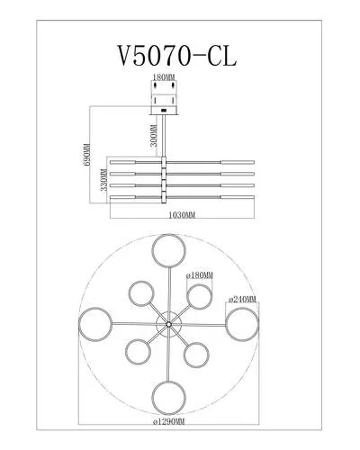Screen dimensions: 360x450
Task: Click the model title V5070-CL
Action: pyautogui.click(x=177, y=56)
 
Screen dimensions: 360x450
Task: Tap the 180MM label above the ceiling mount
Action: pyautogui.click(x=164, y=77)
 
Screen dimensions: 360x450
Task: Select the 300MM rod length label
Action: pyautogui.click(x=154, y=135)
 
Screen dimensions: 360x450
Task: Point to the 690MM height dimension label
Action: pyautogui.click(x=87, y=155)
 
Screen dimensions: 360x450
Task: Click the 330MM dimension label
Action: pyautogui.click(x=104, y=180)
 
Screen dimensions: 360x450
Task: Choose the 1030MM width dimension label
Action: pyautogui.click(x=182, y=215)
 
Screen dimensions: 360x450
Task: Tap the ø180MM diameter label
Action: pyautogui.click(x=200, y=275)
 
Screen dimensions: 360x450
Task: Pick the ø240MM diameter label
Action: pyautogui.click(x=242, y=299)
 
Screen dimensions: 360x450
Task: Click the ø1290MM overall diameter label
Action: pyautogui.click(x=168, y=421)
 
